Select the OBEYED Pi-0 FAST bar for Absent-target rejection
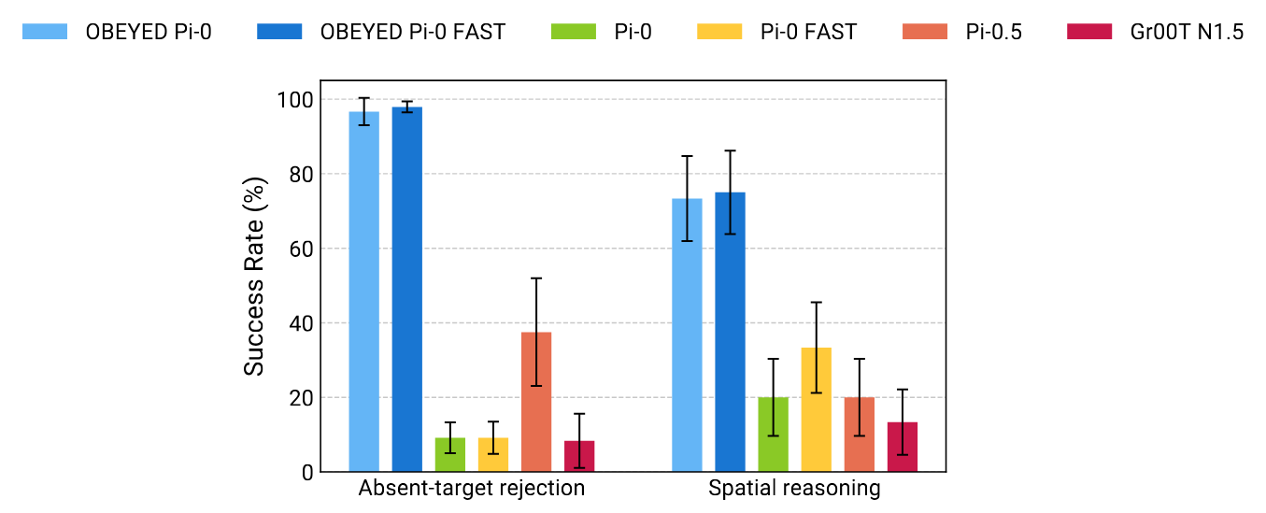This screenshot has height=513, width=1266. [x=406, y=290]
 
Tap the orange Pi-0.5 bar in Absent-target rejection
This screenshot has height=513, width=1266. [x=536, y=402]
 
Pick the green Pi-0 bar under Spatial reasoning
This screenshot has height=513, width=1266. [x=773, y=435]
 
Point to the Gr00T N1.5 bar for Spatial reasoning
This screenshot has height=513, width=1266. [x=902, y=447]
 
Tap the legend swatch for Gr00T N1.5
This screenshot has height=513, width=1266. [x=1088, y=32]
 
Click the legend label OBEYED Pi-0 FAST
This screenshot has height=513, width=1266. [x=412, y=32]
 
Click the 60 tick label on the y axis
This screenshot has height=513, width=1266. [x=300, y=249]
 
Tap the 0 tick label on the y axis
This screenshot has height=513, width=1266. [x=306, y=473]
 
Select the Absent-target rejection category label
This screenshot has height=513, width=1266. [x=472, y=489]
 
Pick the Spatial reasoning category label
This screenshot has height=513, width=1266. [x=794, y=489]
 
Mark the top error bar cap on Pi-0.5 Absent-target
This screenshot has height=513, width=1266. [x=536, y=278]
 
